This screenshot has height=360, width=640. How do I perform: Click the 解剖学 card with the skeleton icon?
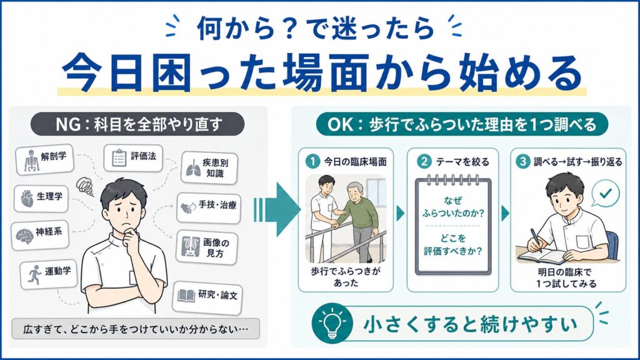[44, 159]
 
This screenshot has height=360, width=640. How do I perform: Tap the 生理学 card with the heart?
[41, 199]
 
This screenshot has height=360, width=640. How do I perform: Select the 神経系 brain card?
[39, 235]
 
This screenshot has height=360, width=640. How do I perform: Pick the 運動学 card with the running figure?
[49, 274]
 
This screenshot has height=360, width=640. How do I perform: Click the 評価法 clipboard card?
[133, 157]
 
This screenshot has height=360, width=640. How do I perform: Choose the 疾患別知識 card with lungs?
[209, 167]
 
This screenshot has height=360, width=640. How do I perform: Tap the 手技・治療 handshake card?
[209, 207]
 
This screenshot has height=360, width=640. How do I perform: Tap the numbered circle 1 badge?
[312, 162]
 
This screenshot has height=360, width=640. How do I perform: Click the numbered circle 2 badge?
[424, 162]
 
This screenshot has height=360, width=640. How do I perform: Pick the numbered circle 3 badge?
[522, 162]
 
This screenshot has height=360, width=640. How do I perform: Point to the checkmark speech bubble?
[605, 193]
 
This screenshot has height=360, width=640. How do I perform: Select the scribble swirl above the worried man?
[85, 186]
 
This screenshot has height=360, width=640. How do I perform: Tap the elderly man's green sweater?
[359, 212]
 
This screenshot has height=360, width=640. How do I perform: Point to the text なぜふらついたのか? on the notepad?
[452, 206]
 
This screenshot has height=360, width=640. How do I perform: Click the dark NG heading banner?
[137, 124]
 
